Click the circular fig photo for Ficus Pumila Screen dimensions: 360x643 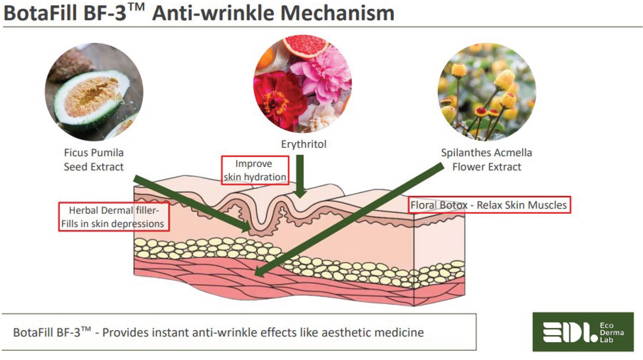94,92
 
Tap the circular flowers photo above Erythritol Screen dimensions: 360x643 303,84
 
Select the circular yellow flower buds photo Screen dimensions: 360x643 487,92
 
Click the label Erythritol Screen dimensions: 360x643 303,144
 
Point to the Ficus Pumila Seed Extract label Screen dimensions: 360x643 94,160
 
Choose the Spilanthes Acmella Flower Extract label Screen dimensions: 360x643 486,160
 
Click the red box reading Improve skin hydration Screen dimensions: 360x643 255,170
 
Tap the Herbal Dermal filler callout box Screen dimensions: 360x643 114,217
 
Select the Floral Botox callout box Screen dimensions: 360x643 489,205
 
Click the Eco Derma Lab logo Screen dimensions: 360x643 583,332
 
